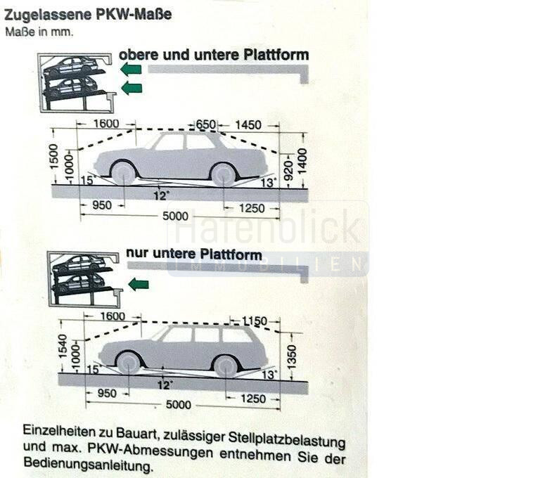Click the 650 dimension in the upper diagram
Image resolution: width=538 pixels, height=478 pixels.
click(x=206, y=124)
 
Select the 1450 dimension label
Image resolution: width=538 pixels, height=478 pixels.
click(x=248, y=125)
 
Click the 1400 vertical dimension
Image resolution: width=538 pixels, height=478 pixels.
click(x=302, y=162)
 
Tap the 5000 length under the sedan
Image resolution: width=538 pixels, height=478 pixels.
click(x=176, y=217)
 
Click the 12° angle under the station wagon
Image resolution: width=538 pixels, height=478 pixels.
click(x=165, y=385)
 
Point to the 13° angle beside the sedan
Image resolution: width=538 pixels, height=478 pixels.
click(x=267, y=183)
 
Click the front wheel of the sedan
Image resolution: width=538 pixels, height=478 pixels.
click(x=124, y=172)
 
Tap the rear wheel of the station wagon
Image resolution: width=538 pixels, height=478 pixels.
click(x=226, y=364)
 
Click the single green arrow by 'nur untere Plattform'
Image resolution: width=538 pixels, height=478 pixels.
click(x=138, y=284)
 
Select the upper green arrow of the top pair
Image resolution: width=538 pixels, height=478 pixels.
click(x=131, y=69)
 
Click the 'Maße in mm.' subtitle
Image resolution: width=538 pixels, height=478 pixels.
click(x=39, y=32)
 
